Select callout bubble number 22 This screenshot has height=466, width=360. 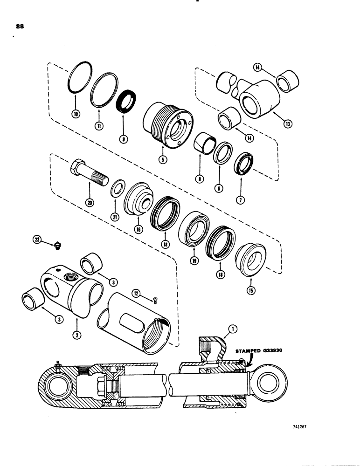click(37, 239)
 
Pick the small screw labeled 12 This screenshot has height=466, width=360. click(155, 300)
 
